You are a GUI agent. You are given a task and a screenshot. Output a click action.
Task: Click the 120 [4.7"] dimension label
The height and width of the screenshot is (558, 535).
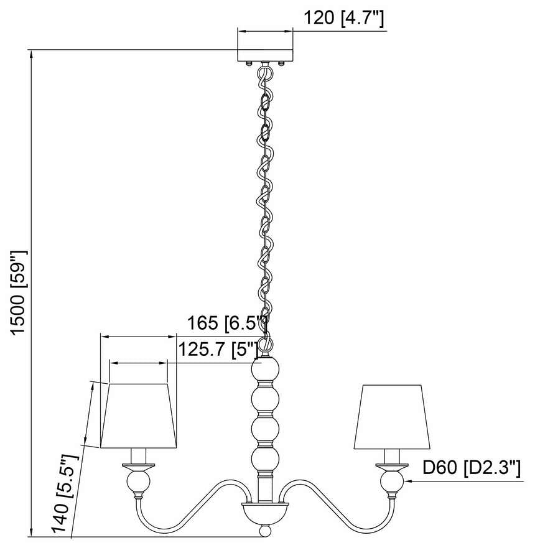click(343, 19)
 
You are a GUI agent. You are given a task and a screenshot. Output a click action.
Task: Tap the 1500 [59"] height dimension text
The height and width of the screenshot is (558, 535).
click(19, 292)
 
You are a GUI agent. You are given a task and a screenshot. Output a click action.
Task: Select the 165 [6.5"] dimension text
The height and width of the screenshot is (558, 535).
click(228, 323)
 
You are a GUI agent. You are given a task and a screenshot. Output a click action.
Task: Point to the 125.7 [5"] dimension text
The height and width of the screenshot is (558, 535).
click(218, 350)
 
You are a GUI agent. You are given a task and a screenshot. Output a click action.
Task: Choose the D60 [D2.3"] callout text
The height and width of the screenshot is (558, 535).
click(471, 468)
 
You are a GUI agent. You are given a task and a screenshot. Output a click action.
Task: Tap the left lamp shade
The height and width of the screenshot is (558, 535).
click(139, 416)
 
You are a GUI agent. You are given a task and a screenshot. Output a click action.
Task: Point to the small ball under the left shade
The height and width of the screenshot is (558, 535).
click(139, 481)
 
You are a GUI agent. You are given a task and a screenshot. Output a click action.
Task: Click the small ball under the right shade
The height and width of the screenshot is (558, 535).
click(393, 481)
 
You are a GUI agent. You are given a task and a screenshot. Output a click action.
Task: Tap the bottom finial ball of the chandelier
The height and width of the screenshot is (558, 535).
click(265, 532)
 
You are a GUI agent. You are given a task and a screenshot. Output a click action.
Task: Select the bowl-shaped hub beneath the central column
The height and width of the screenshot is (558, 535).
click(265, 513)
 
